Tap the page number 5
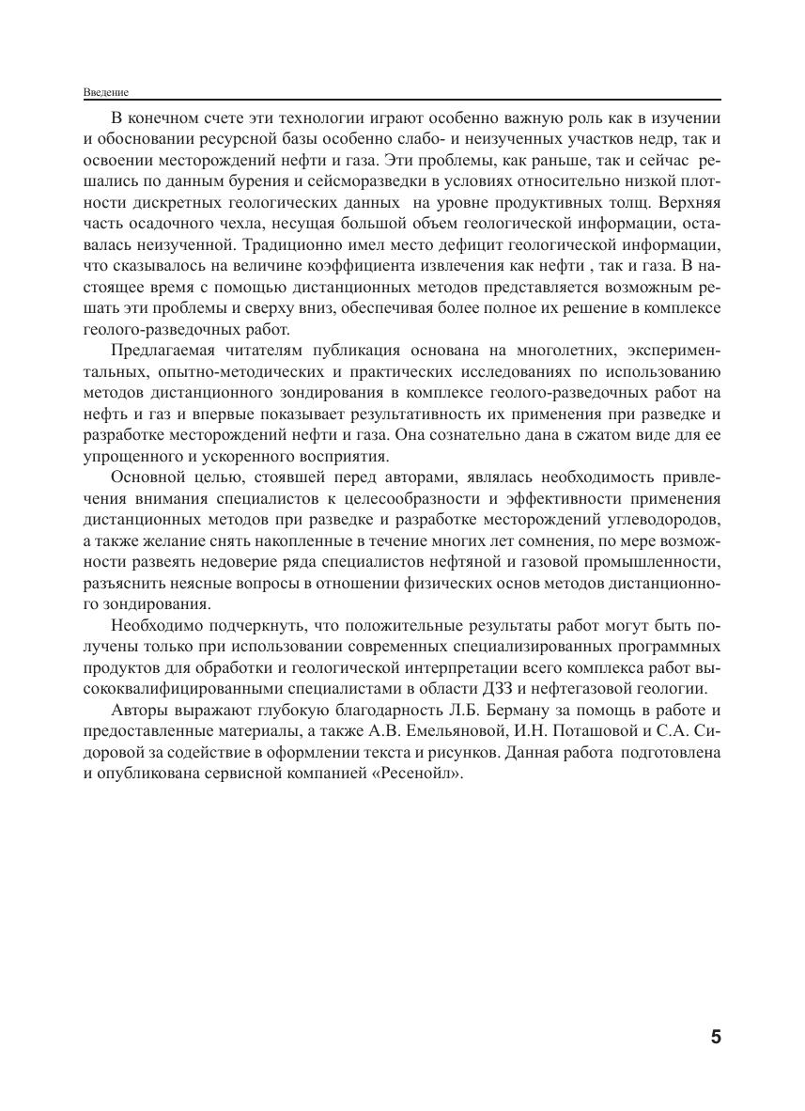(x=716, y=1038)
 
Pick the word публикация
(x=383, y=351)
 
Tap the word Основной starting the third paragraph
(x=145, y=479)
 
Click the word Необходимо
(x=157, y=625)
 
